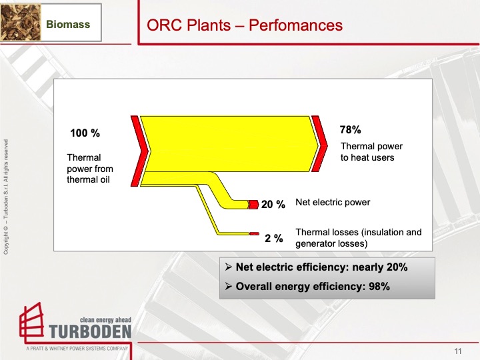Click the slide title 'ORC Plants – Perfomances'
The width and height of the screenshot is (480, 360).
coord(244,25)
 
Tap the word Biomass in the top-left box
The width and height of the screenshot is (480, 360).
coord(68,25)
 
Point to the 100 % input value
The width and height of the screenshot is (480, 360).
coord(85,133)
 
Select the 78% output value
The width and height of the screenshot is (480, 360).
coord(350,130)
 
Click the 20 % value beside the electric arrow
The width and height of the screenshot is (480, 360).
coord(273,205)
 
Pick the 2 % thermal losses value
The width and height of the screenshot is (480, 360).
coord(274,238)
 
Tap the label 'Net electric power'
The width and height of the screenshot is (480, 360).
coord(332,202)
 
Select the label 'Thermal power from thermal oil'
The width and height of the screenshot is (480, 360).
coord(90,169)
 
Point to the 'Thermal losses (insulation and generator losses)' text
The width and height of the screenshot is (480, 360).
coord(358,238)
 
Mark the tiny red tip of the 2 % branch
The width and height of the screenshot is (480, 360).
coord(254,234)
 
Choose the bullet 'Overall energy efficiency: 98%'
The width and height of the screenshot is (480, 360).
coord(307,287)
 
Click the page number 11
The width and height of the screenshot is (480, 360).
coord(458,351)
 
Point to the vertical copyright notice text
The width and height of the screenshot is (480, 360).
coord(6,196)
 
